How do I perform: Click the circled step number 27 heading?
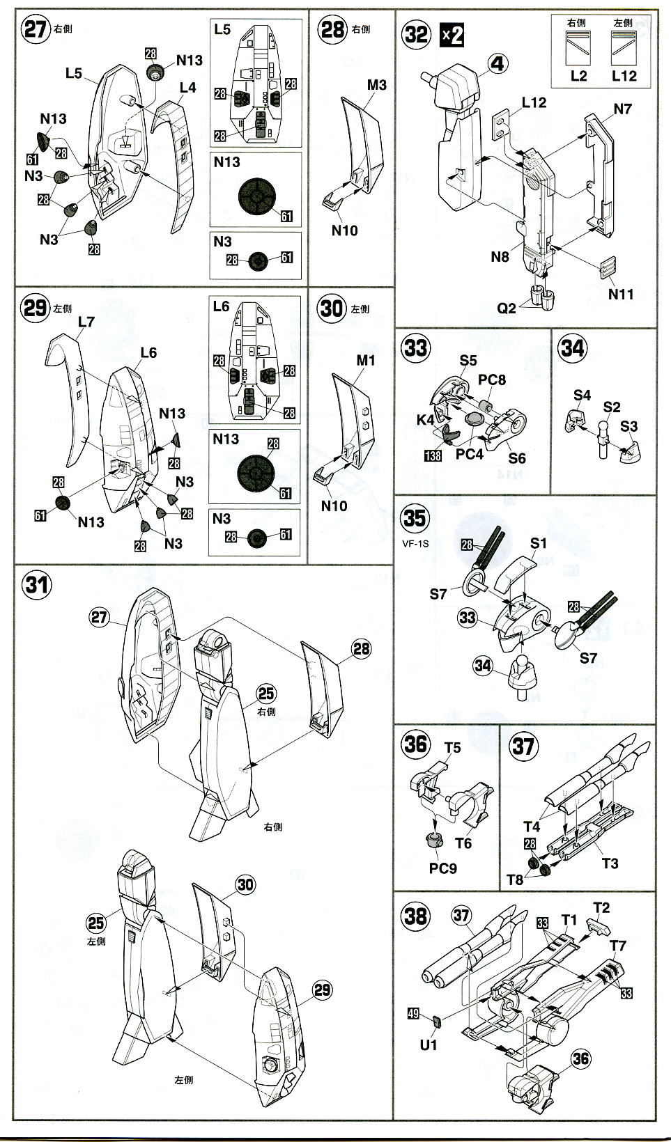35,30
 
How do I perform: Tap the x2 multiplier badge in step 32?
452,34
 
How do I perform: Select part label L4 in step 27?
187,88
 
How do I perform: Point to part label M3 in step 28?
376,85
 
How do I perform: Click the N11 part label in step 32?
621,294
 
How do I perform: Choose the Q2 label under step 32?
507,307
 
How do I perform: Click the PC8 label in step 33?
491,380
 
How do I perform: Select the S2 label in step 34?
612,407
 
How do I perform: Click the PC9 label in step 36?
443,868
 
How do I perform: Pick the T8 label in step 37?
515,879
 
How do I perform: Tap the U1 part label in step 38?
429,1045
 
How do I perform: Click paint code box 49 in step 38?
413,1014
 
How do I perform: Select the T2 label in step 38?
601,907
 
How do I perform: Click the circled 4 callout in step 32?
496,65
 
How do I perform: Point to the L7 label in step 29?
86,322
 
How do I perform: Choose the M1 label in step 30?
366,360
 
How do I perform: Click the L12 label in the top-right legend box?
624,76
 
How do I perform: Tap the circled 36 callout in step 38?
580,1059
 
